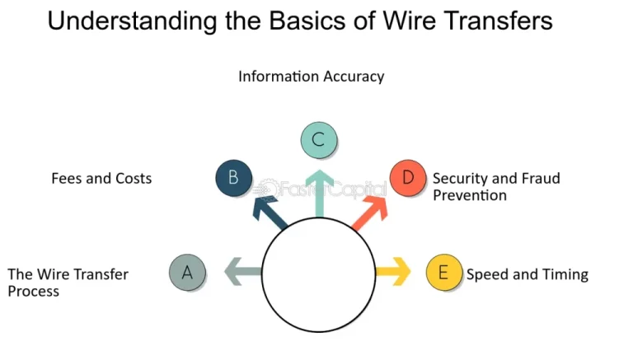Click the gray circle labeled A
pos(187,273)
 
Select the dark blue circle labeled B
pos(234,178)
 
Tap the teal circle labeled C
pos(319,140)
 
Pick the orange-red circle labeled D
pos(408,178)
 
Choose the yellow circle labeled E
pos(444,273)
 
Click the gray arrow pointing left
pos(243,272)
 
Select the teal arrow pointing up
pos(319,194)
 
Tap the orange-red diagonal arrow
pos(370,213)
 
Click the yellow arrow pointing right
pos(393,272)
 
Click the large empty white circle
pos(319,274)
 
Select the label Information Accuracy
pos(312,77)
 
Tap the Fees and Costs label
pos(101,179)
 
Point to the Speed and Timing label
pos(527,274)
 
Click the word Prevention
pos(470,195)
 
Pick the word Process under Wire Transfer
pos(34,291)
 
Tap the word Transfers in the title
pos(495,20)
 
